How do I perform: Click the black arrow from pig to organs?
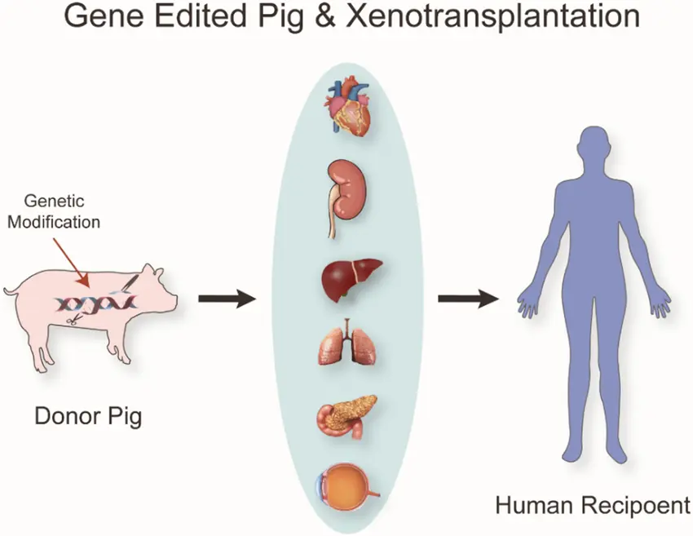(x=227, y=299)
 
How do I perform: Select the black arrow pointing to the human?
(x=469, y=299)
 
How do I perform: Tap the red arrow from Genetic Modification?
(x=71, y=262)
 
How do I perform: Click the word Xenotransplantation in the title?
(x=492, y=16)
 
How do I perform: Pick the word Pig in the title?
(x=277, y=18)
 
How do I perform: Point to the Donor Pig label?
(x=88, y=417)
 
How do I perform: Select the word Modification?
(x=54, y=222)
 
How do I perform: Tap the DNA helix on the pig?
(x=95, y=303)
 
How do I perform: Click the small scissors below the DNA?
(x=73, y=320)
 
